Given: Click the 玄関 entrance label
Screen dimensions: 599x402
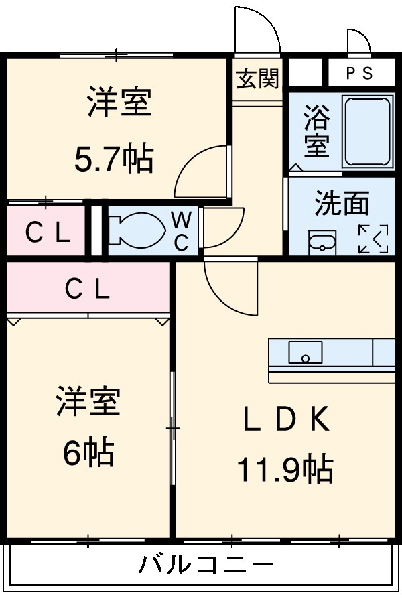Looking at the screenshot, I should (x=257, y=79).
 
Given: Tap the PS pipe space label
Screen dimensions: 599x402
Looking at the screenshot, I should (x=359, y=74).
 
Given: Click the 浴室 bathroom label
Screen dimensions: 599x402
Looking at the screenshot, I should (x=316, y=132).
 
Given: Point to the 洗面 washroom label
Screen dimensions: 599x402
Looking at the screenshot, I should (x=342, y=204).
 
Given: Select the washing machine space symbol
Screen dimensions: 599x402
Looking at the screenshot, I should (x=373, y=239).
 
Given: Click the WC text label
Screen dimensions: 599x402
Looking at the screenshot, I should (x=181, y=231).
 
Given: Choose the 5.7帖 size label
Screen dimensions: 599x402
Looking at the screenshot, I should (x=113, y=159).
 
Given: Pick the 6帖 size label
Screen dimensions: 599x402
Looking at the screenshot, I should (x=88, y=454).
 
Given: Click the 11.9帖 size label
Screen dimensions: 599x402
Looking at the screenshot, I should (x=284, y=468).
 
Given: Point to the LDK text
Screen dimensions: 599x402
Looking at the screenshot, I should (x=285, y=420).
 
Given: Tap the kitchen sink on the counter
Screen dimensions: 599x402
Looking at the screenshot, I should (x=306, y=352).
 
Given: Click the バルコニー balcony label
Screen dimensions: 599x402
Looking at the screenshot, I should (x=206, y=564).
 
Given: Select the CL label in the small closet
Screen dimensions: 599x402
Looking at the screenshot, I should (x=47, y=232).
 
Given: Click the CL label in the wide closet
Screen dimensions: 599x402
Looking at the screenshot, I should (x=87, y=289).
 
